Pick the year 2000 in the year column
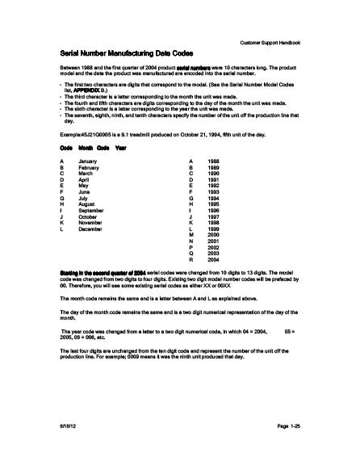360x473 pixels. coord(213,236)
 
